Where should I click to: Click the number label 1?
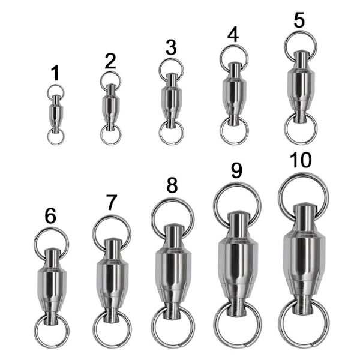55,73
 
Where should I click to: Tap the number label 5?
299,20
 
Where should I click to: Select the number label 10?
301,160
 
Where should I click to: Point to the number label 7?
112,202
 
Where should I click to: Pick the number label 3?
171,47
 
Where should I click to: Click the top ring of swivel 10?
282,189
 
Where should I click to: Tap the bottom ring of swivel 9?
238,344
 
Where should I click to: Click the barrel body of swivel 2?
111,107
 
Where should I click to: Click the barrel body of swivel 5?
301,86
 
